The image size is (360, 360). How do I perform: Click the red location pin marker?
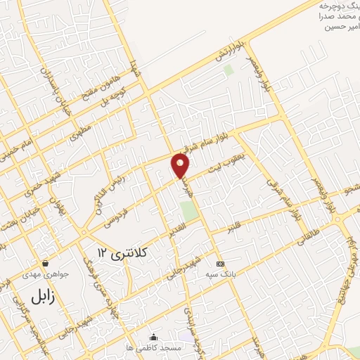181,165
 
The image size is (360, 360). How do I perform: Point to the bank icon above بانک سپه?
220,264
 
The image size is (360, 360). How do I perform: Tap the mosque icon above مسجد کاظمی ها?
154,337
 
